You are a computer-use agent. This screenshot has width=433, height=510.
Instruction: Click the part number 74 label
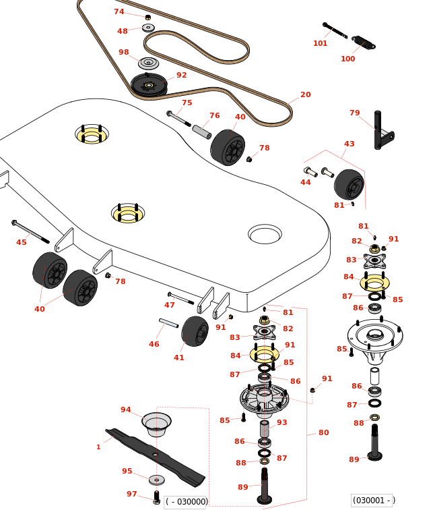119,11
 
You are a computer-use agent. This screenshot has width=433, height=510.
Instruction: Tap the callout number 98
123,52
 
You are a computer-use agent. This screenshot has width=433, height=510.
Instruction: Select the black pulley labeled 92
149,85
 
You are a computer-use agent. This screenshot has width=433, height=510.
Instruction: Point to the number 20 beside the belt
306,94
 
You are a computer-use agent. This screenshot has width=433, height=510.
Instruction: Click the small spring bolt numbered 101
335,30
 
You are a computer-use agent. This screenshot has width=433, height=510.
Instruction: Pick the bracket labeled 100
364,42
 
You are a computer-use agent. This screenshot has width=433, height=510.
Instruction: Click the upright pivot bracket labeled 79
380,132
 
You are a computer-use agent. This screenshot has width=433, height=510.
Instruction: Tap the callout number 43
349,144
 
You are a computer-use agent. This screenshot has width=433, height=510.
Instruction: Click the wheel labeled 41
195,331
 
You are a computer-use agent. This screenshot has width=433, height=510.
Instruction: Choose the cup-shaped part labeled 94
156,424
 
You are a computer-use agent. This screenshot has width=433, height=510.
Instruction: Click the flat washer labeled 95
156,480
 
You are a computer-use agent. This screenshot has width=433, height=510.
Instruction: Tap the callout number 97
131,494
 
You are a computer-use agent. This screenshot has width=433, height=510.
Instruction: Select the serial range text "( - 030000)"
187,501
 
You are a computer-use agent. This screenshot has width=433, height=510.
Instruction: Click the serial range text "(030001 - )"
373,500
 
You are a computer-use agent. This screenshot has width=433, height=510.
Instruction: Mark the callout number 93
281,422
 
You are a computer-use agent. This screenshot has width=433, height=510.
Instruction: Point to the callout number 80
323,432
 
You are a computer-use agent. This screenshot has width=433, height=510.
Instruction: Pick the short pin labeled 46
168,323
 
